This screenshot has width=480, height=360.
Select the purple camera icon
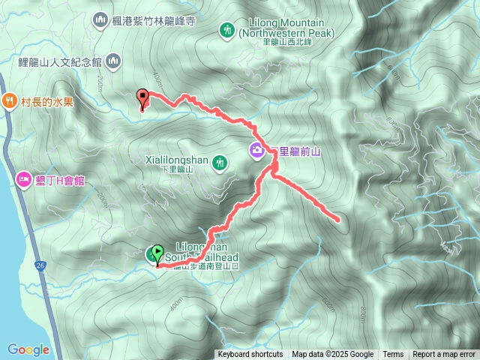click(256, 151)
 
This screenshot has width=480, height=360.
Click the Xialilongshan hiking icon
click(220, 161)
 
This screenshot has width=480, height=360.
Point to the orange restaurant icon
click(10, 100)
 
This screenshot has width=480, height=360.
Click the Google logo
click(28, 349)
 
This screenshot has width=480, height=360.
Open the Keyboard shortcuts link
click(250, 355)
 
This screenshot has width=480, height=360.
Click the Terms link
click(393, 355)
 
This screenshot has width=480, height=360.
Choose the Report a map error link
click(444, 355)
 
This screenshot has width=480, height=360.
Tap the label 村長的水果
click(47, 101)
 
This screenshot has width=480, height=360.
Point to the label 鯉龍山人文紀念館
click(59, 61)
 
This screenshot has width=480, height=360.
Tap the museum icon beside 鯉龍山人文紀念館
click(113, 60)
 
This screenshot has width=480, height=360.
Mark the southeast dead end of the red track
click(338, 220)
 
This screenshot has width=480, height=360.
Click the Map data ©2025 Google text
click(333, 355)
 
